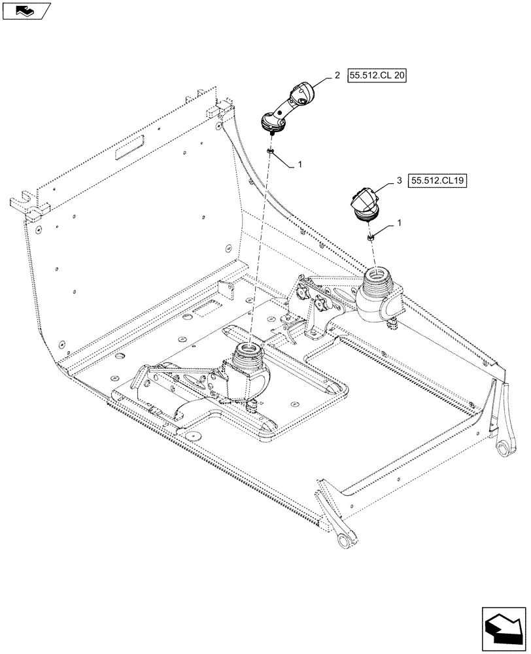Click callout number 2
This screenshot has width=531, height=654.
coord(337,76)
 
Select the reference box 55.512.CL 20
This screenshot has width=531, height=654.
coord(377,76)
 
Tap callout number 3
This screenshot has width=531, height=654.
coord(399,181)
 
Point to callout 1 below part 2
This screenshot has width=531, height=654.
coord(300,165)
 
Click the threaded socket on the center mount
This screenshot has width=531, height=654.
coord(250,354)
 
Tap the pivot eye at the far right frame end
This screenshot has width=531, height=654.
coord(503,447)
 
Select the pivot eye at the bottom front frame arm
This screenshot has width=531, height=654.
coord(345,539)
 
